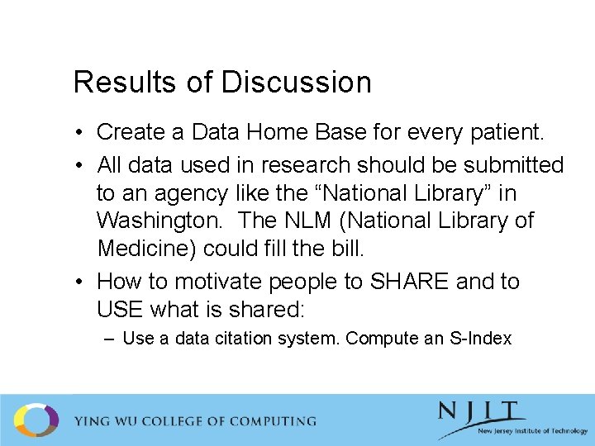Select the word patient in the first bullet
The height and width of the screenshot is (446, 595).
click(504, 132)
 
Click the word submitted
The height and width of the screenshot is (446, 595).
click(513, 165)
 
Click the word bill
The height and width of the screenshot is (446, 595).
click(349, 249)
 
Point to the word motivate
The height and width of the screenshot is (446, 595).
click(214, 282)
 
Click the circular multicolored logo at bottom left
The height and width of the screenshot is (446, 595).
click(36, 420)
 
